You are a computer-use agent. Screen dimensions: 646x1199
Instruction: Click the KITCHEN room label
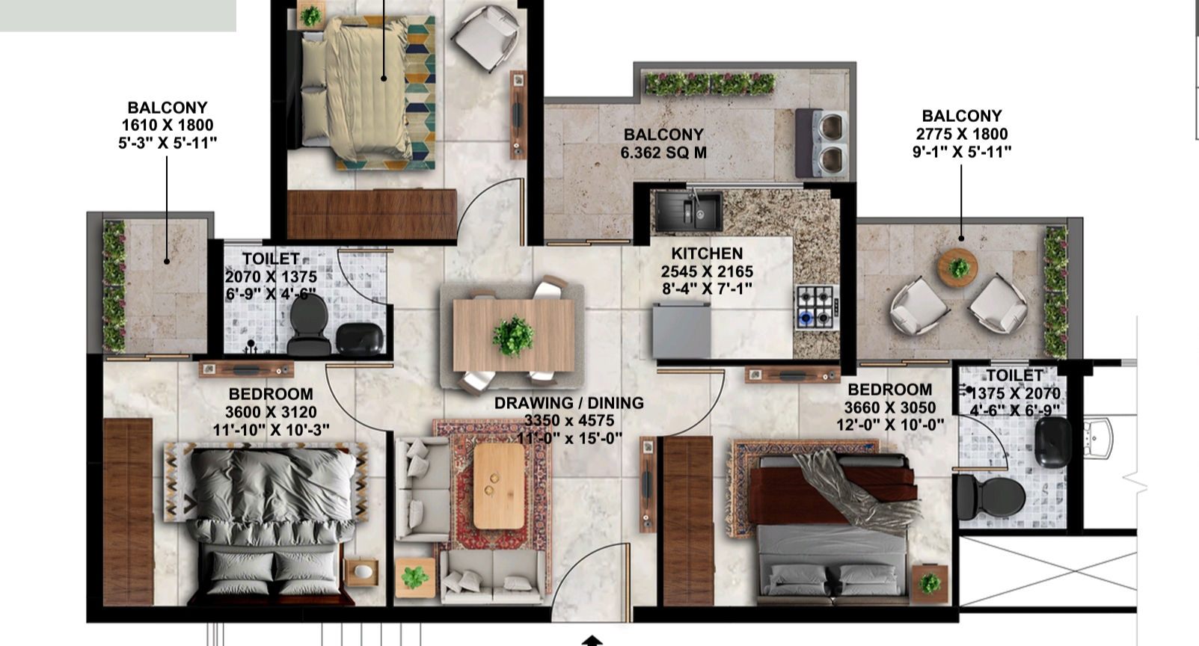tap(707, 253)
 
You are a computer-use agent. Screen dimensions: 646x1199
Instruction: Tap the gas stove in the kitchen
tap(815, 307)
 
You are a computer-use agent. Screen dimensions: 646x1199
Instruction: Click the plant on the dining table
tap(513, 336)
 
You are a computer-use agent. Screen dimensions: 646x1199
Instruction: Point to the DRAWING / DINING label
tap(568, 403)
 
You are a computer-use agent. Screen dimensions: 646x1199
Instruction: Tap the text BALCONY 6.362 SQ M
tap(663, 144)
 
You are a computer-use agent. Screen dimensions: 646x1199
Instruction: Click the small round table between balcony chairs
tap(958, 267)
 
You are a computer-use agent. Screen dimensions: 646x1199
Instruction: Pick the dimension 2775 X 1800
tap(961, 134)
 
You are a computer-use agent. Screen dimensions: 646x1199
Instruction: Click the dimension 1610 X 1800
tap(168, 125)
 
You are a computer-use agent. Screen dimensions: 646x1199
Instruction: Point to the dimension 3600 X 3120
tap(271, 412)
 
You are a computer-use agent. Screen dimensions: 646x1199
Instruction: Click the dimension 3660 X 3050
tap(889, 407)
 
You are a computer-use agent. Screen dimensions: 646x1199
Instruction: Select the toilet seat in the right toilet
tap(990, 496)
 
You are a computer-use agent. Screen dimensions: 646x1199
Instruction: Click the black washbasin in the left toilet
tap(360, 338)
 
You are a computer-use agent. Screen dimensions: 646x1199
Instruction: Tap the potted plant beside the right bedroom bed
tap(930, 583)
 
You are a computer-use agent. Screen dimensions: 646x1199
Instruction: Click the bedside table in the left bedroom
tap(362, 573)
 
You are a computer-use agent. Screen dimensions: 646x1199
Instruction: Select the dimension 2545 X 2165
tap(707, 271)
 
